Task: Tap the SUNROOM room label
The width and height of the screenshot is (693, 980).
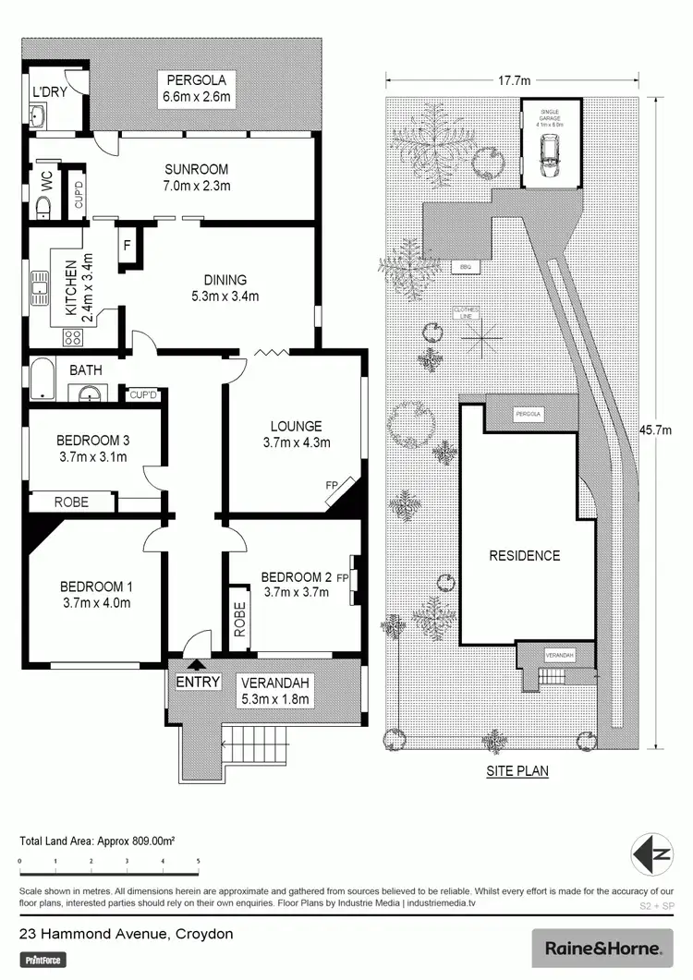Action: (x=196, y=170)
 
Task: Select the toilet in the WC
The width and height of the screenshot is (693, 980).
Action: (x=43, y=208)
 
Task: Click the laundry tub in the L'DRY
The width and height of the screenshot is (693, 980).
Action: (x=39, y=116)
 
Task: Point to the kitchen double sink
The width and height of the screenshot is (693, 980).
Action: (x=41, y=287)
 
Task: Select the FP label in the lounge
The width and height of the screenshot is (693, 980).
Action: (x=331, y=484)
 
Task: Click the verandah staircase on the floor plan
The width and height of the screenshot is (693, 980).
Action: (x=250, y=738)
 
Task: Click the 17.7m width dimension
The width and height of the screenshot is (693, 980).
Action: (x=514, y=80)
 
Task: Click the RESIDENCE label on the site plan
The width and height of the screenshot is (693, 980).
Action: (x=525, y=556)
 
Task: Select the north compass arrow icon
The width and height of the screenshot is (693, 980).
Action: (x=651, y=852)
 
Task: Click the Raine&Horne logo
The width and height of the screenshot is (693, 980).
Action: (x=602, y=948)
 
